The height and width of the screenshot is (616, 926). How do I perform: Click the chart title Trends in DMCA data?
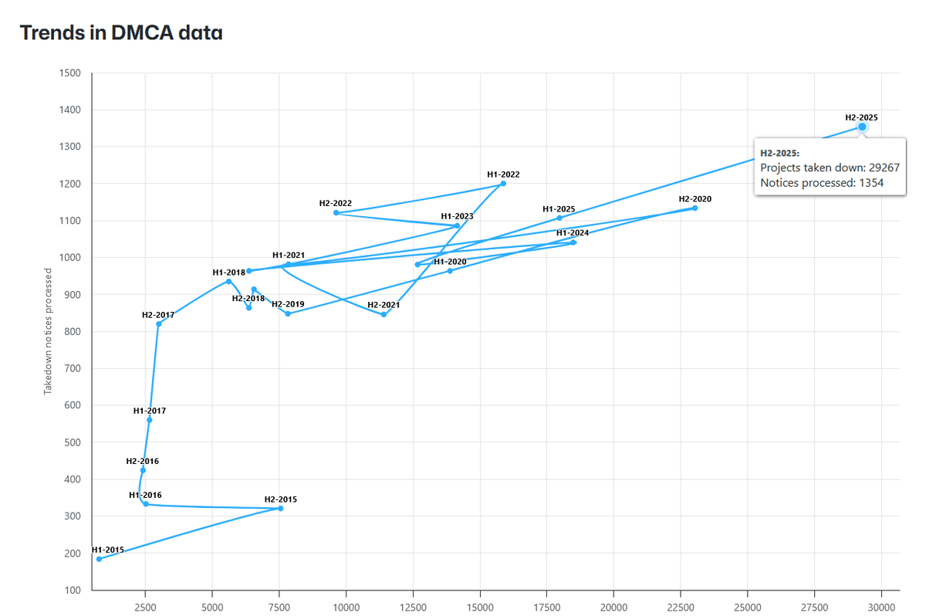121,32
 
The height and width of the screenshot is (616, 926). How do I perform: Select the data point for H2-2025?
862,127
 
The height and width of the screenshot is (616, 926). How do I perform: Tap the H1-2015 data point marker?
99,559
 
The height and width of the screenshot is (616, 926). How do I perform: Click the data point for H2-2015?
280,508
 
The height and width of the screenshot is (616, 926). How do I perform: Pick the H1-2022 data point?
503,184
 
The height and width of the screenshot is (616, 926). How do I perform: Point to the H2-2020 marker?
694,208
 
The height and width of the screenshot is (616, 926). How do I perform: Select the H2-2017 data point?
159,324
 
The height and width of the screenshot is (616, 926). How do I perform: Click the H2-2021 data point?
384,314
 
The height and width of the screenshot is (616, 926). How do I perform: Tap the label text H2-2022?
335,203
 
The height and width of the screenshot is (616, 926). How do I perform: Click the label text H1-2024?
573,233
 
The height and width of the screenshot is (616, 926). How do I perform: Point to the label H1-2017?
149,411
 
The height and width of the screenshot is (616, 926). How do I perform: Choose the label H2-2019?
287,304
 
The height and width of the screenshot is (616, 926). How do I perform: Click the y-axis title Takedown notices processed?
48,331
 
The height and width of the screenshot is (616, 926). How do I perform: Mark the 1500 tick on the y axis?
69,73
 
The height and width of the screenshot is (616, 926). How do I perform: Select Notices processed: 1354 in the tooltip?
822,183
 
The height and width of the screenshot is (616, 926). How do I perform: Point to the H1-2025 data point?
559,218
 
